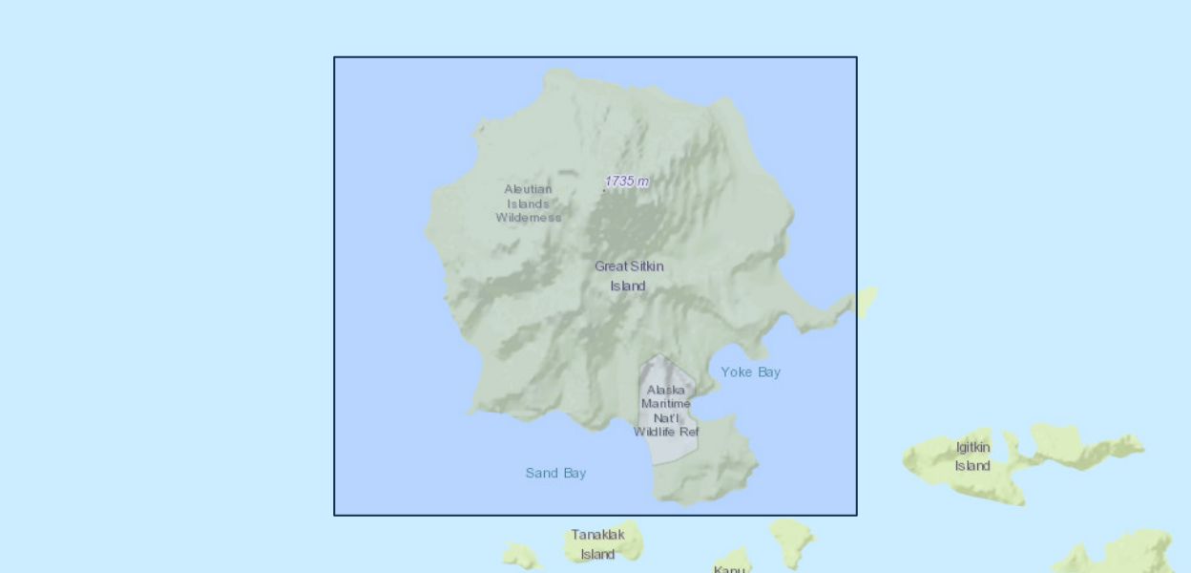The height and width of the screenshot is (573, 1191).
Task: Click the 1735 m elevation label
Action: pos(627,181)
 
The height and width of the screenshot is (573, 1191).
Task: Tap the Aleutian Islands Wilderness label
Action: pos(528,203)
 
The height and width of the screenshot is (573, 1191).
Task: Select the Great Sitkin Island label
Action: pos(629,276)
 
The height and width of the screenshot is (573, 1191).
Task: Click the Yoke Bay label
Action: pos(750,372)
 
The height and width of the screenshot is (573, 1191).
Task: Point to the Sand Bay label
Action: pos(555,474)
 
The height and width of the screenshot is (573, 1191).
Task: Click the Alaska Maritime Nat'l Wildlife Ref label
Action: pos(666,411)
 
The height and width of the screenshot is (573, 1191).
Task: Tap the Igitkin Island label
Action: pos(972,456)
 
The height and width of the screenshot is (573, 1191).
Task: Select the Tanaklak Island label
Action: pos(597,544)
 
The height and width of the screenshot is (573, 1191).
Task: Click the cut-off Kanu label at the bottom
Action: pos(729,569)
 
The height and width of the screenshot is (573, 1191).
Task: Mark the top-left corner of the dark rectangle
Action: pos(334,57)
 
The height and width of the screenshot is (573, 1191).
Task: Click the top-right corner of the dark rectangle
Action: pos(857,57)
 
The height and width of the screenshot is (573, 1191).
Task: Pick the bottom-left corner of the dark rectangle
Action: pos(334,516)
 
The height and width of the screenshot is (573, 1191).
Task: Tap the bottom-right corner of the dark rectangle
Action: pos(857,516)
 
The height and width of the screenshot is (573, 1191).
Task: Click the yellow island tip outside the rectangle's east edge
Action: pos(867,301)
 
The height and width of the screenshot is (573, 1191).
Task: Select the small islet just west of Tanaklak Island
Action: pos(521,555)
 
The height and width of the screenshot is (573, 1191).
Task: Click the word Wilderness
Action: pos(528,218)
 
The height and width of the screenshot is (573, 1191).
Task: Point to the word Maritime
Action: pos(666,404)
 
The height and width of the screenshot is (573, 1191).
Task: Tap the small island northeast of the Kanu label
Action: pos(791,540)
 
